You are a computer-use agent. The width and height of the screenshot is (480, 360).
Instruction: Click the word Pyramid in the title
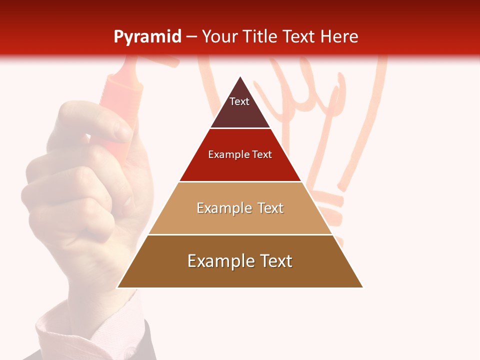point(147,37)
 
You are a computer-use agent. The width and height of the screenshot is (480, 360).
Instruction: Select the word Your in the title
point(218,37)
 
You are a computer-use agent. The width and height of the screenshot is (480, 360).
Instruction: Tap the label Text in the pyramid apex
point(239,101)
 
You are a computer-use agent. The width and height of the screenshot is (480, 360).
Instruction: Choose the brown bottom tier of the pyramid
point(240,275)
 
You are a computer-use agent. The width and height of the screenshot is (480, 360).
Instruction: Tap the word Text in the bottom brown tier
point(274,261)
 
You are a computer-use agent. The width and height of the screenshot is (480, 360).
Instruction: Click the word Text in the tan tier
point(270,208)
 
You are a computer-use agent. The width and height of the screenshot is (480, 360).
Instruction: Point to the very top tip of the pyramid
point(240,77)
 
